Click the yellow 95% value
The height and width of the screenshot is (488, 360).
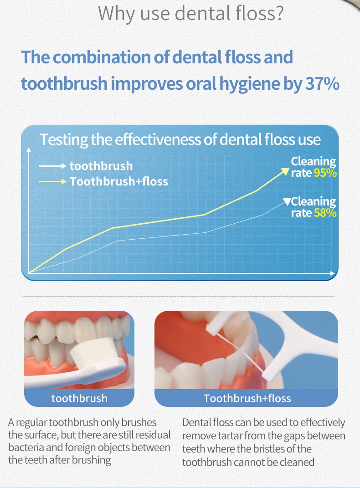point(325,173)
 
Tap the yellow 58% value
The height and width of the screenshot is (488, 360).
point(325,213)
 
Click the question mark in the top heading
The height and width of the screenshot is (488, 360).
point(279,13)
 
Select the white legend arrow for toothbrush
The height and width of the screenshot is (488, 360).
point(53,166)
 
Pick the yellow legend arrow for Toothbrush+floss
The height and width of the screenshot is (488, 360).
point(53,181)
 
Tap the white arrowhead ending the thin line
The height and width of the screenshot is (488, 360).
point(287,201)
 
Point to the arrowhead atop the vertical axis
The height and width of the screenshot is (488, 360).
point(29,150)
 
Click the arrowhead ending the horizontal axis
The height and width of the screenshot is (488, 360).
point(332,273)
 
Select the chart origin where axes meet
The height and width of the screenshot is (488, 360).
point(29,273)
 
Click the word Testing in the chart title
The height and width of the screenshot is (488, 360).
point(64,140)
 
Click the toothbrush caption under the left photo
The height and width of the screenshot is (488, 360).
point(79,398)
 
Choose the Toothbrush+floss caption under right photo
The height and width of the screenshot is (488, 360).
point(247,398)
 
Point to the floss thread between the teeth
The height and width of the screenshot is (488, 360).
point(240,352)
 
